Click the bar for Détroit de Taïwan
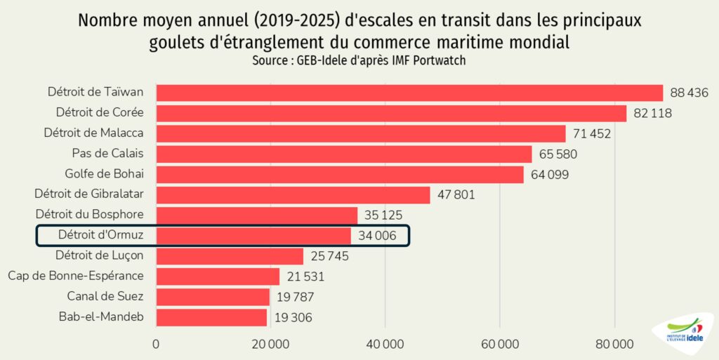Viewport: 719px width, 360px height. coord(409,93)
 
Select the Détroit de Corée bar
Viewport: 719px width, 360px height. coord(391,114)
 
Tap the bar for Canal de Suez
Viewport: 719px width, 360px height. coord(213,297)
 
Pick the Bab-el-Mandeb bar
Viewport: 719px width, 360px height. coord(211,317)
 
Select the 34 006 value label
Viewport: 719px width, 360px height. coord(377,236)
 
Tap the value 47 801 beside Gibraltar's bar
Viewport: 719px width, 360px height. coord(456,195)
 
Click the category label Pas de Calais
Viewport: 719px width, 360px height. coord(107,154)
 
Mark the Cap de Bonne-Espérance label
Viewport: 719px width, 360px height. coord(76,276)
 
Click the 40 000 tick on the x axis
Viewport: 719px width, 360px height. coord(385,344)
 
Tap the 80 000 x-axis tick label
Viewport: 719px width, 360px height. coord(614,344)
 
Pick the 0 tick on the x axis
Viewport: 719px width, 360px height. coord(156,344)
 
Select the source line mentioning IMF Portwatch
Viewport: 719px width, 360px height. coord(359,61)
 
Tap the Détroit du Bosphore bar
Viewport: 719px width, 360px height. coord(256,215)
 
